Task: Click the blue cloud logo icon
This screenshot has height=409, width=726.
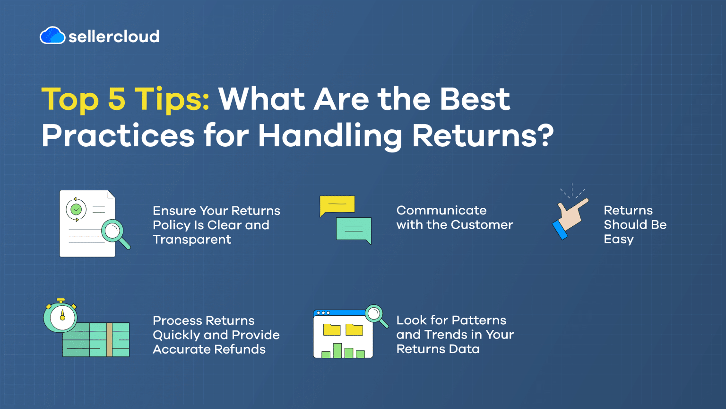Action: [52, 35]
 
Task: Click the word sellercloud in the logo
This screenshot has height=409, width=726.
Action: [114, 36]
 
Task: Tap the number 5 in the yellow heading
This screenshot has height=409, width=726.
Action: [117, 98]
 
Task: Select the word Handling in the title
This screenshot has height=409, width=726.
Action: [330, 136]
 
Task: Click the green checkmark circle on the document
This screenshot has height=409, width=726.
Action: [76, 209]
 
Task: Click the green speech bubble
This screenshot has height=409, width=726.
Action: [354, 230]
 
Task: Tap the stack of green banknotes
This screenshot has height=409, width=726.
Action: [96, 339]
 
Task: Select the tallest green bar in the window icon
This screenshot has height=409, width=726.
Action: [337, 351]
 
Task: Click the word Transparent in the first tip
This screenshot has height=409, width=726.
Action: [192, 240]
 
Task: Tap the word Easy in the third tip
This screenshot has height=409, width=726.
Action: [619, 239]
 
